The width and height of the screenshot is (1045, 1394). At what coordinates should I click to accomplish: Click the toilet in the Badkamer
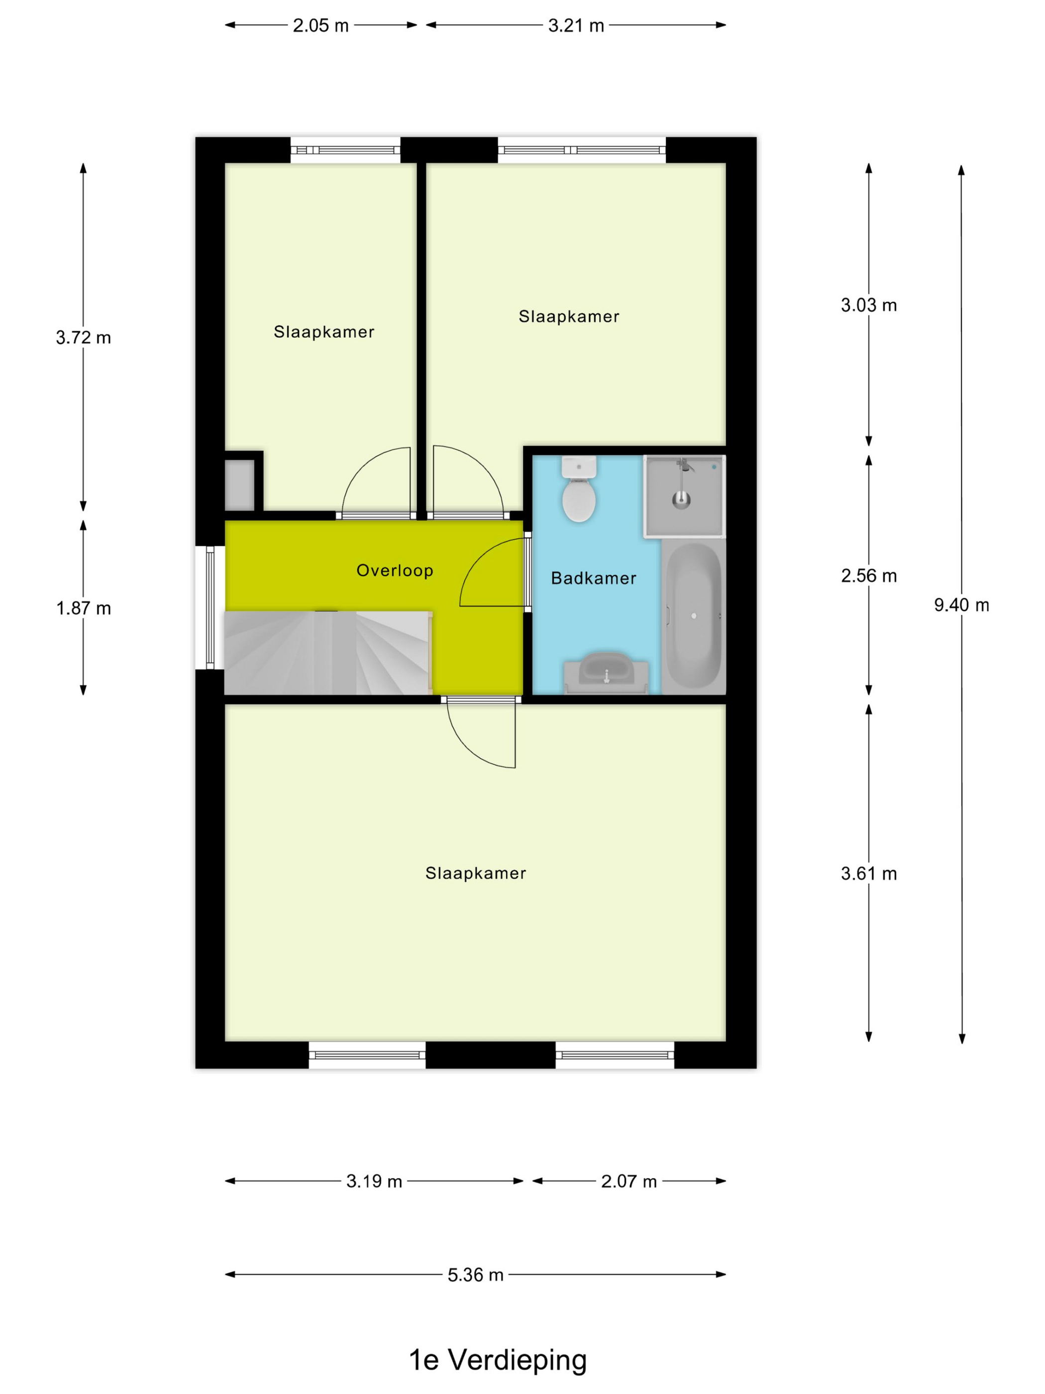[578, 489]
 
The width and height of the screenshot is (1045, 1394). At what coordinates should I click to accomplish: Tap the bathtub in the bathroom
[693, 616]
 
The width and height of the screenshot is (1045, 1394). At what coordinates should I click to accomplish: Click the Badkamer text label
[593, 578]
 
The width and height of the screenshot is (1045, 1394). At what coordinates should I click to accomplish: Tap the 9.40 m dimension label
[961, 605]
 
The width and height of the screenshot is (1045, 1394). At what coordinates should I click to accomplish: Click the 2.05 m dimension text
[320, 25]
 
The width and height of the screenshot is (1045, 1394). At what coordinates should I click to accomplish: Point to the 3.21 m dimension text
[576, 25]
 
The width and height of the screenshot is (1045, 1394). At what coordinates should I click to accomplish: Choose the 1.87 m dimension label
[83, 608]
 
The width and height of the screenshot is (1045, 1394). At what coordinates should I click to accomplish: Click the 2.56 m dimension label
[869, 576]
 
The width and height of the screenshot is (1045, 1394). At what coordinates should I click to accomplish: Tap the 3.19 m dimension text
[374, 1181]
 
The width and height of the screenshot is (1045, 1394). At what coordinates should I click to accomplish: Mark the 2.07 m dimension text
[628, 1181]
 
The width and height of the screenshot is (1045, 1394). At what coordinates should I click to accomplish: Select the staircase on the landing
[327, 652]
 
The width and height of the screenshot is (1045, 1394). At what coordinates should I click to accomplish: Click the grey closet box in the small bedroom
[239, 484]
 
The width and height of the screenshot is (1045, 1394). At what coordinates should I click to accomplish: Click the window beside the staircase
[210, 607]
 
